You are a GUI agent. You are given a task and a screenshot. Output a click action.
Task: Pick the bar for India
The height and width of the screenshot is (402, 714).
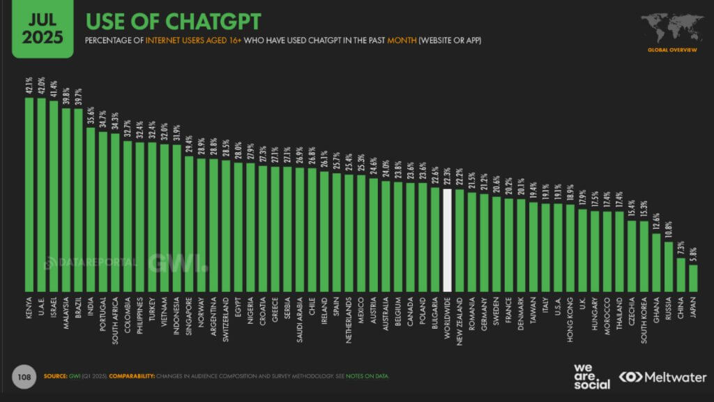[x=91, y=209]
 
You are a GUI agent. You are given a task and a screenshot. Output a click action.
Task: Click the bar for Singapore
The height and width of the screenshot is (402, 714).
[x=189, y=223]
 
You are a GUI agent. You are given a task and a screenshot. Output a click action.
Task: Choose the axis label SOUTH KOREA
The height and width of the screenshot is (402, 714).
[x=644, y=318]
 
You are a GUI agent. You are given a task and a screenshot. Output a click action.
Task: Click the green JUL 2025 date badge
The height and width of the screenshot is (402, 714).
[x=42, y=28]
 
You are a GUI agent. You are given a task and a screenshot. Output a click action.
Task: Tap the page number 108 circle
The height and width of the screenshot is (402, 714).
[x=23, y=377]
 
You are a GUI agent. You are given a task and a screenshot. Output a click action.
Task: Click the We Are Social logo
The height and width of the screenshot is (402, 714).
[x=591, y=376]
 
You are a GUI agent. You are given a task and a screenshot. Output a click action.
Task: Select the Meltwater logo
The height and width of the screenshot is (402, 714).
[x=662, y=377]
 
